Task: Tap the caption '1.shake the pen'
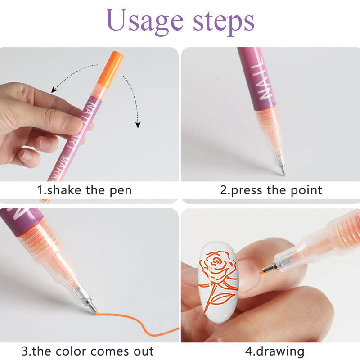(x=84, y=190)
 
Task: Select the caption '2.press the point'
(x=271, y=190)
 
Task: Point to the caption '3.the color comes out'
(x=88, y=351)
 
